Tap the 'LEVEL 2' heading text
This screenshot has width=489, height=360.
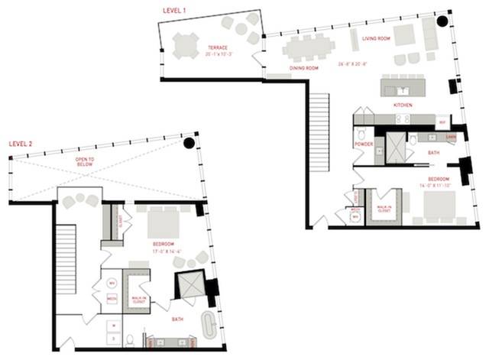point(25,143)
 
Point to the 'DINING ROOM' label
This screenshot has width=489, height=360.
point(304,69)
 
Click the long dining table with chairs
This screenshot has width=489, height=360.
point(309,48)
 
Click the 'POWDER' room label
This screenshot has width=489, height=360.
point(363,143)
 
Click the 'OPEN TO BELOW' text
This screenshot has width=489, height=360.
point(85,162)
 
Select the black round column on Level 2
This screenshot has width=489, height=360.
point(188,144)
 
